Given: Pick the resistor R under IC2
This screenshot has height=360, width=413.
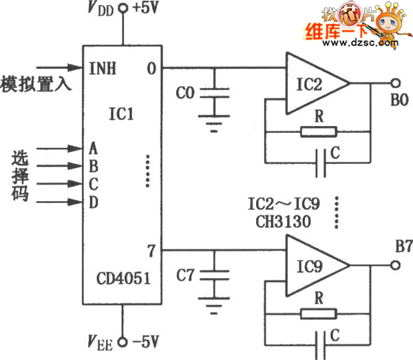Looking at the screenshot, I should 319,131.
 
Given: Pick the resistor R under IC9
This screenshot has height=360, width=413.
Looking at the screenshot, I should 319,313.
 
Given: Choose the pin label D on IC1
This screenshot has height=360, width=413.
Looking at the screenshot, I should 94,202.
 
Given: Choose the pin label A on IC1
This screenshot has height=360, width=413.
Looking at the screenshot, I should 94,147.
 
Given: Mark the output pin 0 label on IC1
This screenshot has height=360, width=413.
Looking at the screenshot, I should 151,68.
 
